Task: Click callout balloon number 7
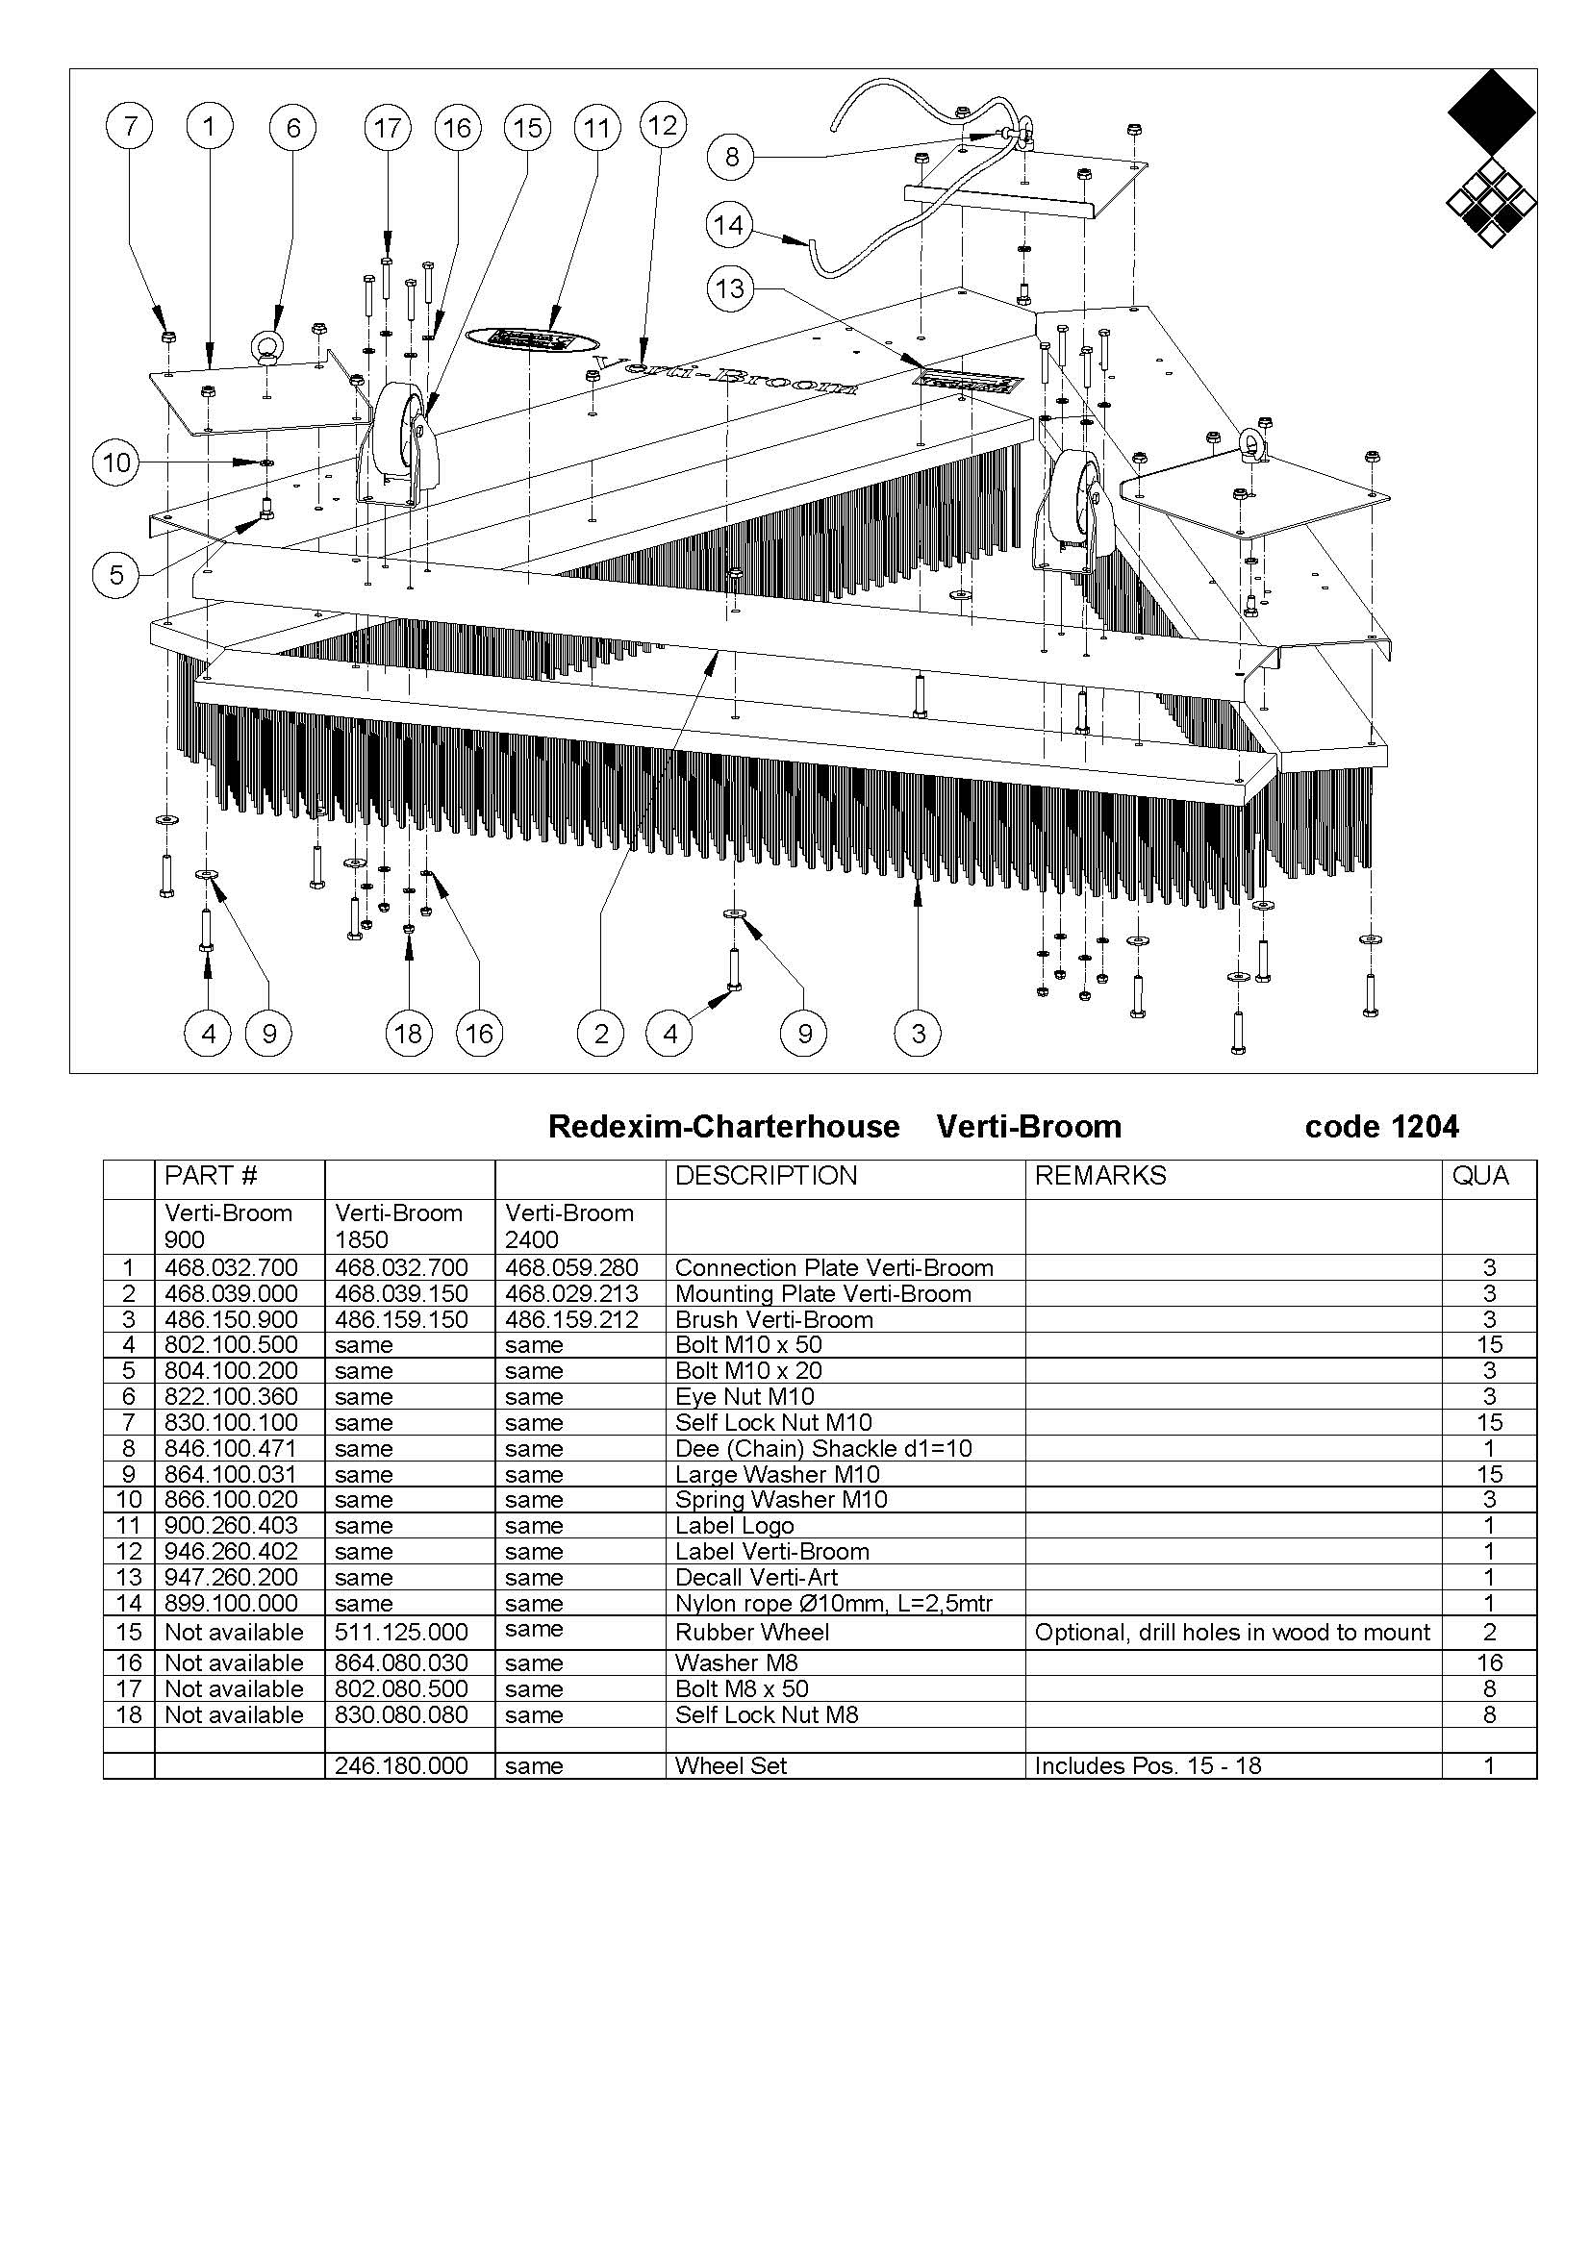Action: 131,126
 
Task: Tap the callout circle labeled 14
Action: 728,226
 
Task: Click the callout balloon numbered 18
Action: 408,1033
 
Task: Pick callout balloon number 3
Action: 918,1033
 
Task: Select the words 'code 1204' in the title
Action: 1381,1128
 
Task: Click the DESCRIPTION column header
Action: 766,1175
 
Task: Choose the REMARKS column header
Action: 1100,1175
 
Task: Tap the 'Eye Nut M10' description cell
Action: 745,1396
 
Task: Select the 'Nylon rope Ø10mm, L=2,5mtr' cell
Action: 845,1604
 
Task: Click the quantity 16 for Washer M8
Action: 1489,1662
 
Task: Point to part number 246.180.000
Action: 401,1766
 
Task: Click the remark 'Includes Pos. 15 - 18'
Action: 1148,1766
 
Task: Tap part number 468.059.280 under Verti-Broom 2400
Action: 571,1267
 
